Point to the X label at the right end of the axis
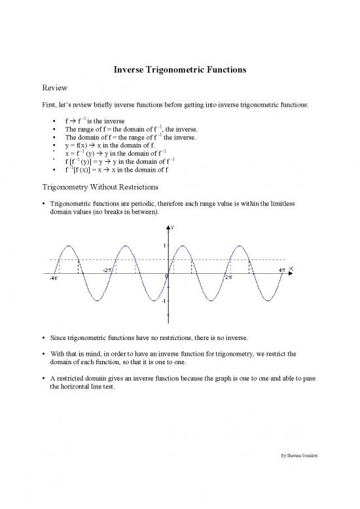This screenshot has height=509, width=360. pyautogui.click(x=291, y=268)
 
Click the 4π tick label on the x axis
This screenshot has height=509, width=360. pyautogui.click(x=281, y=270)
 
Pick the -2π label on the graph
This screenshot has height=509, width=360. pyautogui.click(x=107, y=270)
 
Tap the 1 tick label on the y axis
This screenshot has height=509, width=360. pyautogui.click(x=164, y=246)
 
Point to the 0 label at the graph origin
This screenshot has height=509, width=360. pyautogui.click(x=166, y=278)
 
